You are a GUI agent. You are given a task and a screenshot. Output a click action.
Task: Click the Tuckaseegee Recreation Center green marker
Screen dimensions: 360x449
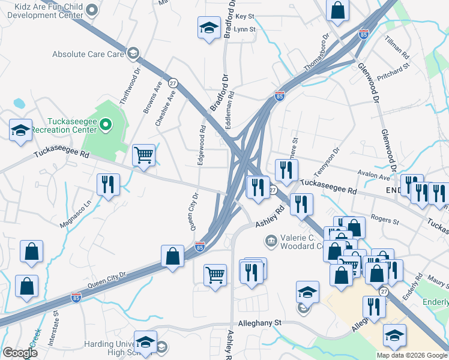tap(106, 125)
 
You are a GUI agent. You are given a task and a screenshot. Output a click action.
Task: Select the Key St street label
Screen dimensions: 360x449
tap(245, 16)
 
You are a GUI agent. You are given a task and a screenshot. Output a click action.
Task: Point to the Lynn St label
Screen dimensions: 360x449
tap(245, 29)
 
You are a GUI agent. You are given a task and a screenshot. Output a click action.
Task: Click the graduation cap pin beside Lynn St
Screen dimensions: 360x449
tap(209, 28)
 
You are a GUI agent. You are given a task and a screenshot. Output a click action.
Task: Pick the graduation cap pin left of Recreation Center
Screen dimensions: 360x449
tap(20, 130)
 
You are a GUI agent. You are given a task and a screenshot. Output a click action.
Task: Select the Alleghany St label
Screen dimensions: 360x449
tap(260, 323)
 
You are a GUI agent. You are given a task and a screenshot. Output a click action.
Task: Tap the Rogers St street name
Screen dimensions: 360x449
tap(385, 221)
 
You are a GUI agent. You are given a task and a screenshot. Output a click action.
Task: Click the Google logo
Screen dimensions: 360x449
tap(20, 353)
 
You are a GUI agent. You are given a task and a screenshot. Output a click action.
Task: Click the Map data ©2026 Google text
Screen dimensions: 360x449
tap(412, 355)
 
